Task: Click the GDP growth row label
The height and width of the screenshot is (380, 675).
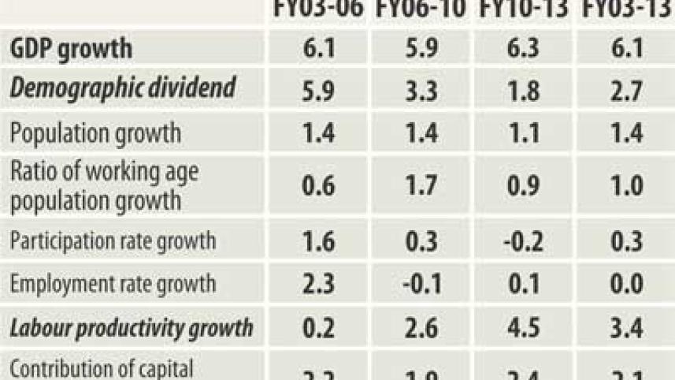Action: [71, 49]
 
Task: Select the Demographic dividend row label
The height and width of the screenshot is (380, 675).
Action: [122, 88]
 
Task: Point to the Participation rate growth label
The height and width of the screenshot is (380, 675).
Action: [112, 240]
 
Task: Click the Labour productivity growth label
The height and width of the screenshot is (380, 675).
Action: [132, 327]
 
